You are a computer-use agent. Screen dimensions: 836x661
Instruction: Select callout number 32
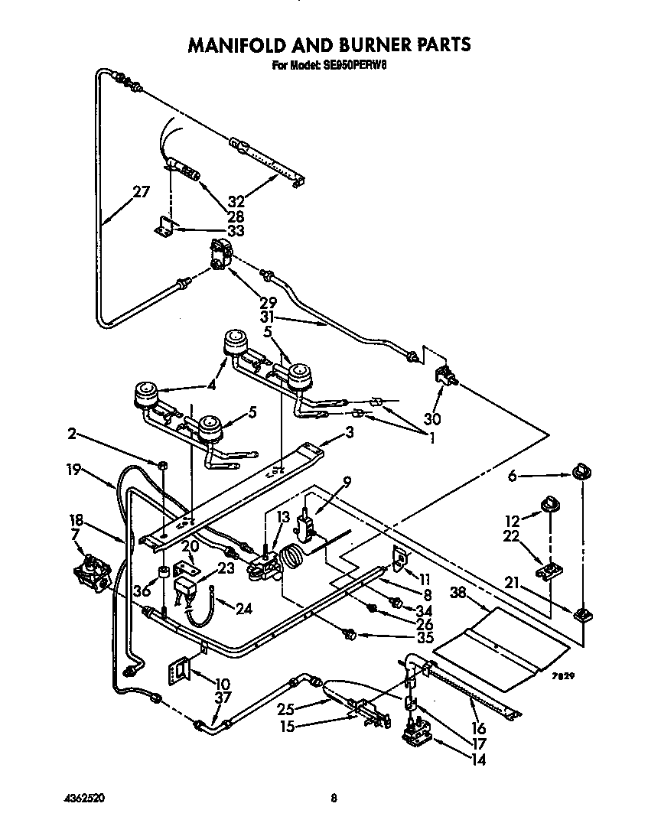[236, 202]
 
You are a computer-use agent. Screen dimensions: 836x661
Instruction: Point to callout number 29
[268, 303]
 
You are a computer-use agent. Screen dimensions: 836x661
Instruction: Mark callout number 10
[223, 683]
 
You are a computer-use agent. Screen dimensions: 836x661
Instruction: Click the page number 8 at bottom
[333, 799]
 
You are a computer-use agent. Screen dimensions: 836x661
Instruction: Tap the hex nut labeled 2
[163, 465]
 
